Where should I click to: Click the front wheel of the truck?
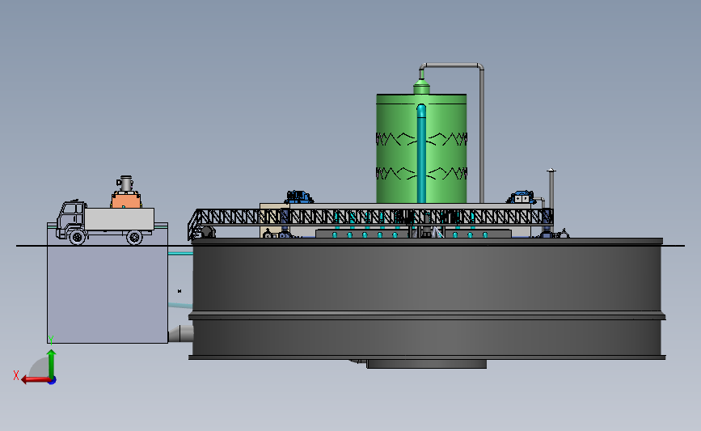click(x=78, y=238)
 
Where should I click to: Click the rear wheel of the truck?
click(x=134, y=238)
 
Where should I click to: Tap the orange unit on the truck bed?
click(x=126, y=200)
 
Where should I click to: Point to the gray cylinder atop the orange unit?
click(x=126, y=184)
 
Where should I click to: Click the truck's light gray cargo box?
click(x=120, y=219)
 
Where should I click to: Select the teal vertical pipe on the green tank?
click(x=421, y=154)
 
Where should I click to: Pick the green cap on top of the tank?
click(x=421, y=87)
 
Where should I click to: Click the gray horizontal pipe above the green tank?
click(x=451, y=65)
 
